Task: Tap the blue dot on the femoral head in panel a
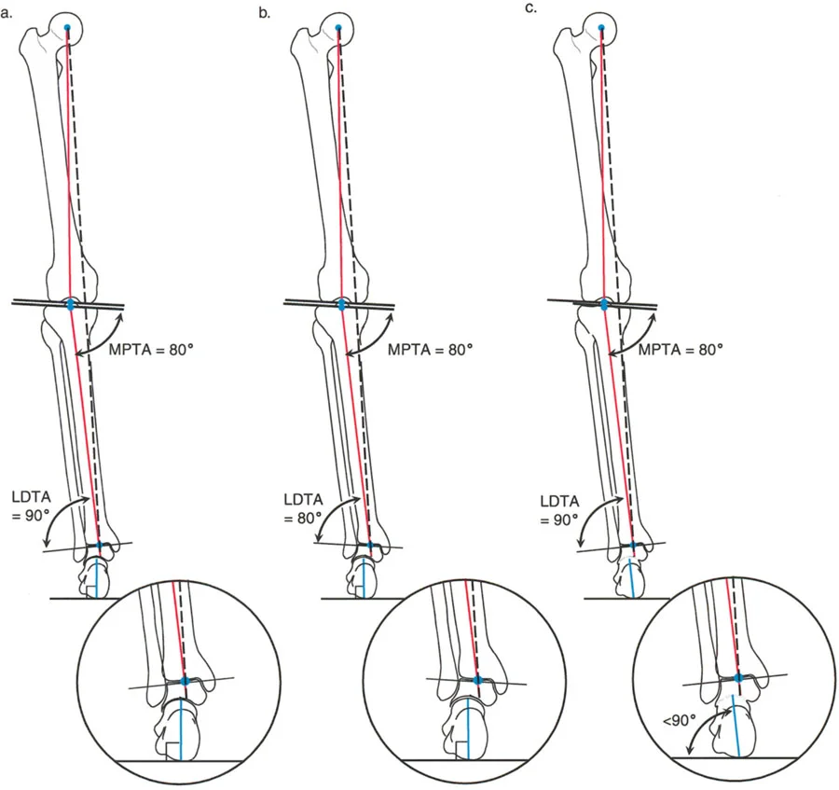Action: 68,27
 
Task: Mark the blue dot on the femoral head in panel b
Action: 337,27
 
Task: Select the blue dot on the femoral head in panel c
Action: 601,27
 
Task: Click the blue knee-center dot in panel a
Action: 71,304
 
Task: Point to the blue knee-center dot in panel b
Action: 341,304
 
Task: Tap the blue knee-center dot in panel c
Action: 604,304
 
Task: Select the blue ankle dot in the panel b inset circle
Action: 478,682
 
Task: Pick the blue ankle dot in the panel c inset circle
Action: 738,679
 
